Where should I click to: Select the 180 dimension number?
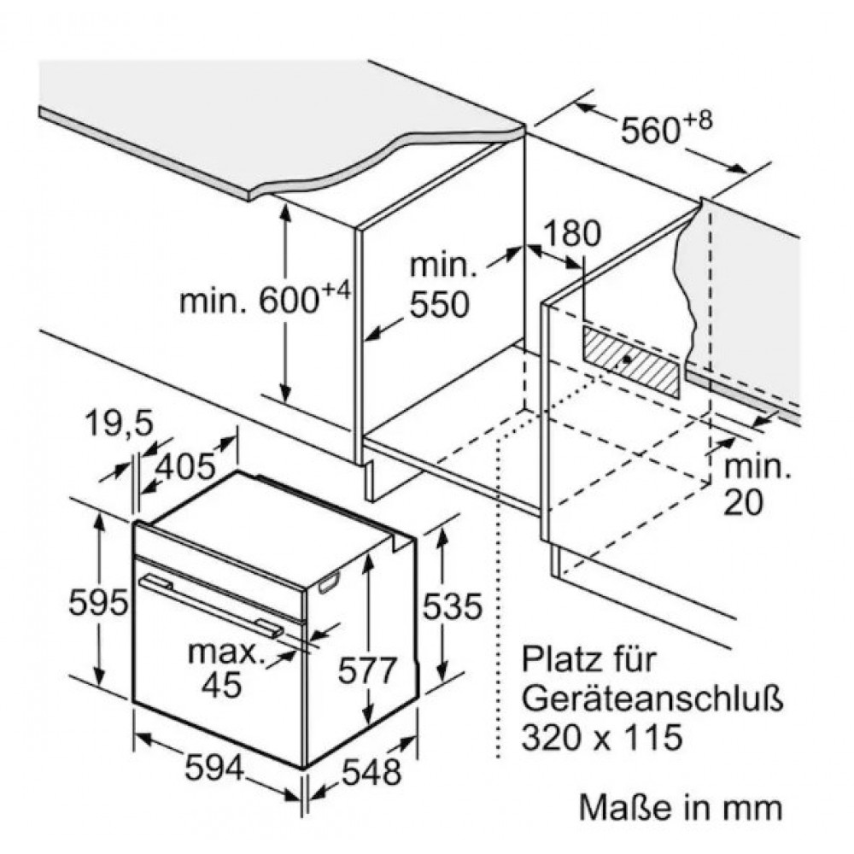tap(572, 234)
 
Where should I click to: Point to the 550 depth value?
tap(439, 304)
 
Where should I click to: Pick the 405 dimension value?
tap(185, 466)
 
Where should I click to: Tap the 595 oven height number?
tap(98, 603)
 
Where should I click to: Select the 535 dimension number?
tap(452, 606)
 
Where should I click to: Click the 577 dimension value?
tap(367, 670)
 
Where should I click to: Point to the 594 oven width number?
tap(214, 769)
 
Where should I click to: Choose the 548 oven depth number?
tap(371, 772)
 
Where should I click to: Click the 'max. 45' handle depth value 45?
tap(221, 684)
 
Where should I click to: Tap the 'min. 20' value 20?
tap(743, 502)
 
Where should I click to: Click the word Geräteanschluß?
tap(652, 700)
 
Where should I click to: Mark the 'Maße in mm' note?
tap(681, 807)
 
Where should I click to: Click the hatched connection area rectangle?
tap(631, 361)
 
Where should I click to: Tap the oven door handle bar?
tap(211, 605)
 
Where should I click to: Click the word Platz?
tap(562, 659)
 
